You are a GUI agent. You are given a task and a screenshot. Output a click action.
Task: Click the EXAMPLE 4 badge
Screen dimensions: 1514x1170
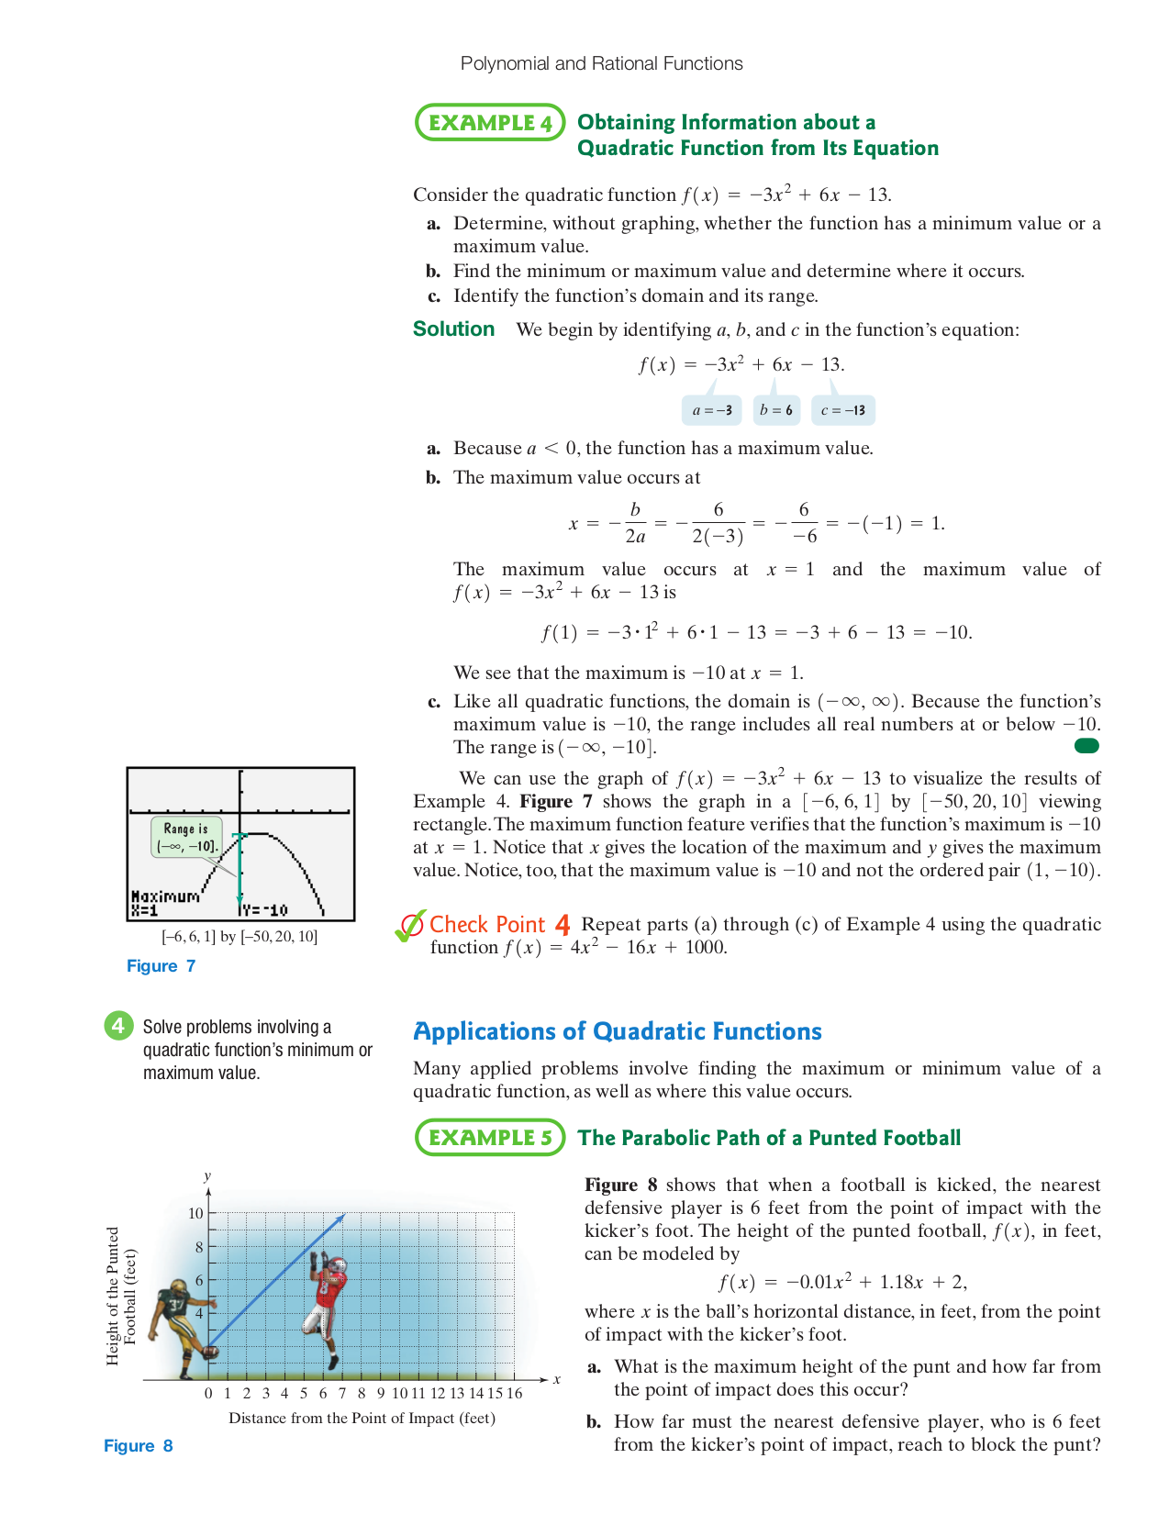click(x=490, y=123)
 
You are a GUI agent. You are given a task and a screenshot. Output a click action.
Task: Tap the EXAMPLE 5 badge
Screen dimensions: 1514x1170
click(x=490, y=1138)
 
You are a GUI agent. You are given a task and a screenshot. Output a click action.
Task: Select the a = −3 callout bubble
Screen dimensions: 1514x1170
click(x=712, y=410)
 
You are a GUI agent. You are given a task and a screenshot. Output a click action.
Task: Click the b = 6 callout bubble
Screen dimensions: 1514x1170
click(x=776, y=410)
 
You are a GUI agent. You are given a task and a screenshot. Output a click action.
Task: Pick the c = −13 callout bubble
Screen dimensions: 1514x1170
click(x=843, y=410)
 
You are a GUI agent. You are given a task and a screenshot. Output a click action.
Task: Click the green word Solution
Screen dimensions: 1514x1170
click(x=453, y=329)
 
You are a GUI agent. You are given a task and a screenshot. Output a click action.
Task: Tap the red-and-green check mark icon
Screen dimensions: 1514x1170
click(x=409, y=926)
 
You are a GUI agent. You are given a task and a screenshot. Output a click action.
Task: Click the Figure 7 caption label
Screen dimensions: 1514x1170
click(x=162, y=966)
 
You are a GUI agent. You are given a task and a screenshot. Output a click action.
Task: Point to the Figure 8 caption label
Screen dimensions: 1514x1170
click(x=139, y=1446)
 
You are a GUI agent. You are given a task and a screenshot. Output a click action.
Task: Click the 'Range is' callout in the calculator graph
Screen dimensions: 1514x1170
click(x=186, y=837)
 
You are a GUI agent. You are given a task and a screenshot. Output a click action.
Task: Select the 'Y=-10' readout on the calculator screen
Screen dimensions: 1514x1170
click(x=266, y=910)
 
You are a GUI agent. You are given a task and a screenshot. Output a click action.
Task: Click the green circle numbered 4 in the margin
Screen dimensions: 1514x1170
click(x=118, y=1025)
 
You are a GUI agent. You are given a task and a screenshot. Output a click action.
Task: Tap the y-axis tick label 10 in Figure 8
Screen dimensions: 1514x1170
click(x=195, y=1213)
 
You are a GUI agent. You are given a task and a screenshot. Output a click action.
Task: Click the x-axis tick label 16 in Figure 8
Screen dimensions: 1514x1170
click(x=514, y=1393)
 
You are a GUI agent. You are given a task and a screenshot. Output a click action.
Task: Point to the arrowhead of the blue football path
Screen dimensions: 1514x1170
click(x=340, y=1219)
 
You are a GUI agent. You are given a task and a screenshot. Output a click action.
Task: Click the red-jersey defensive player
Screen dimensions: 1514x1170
click(x=327, y=1308)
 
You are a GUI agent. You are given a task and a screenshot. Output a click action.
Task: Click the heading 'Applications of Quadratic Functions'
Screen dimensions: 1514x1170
click(x=618, y=1031)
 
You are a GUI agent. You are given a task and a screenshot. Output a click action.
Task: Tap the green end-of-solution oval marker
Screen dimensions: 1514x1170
click(x=1086, y=746)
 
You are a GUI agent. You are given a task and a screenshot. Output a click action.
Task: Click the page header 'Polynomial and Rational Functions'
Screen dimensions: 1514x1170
click(x=601, y=63)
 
